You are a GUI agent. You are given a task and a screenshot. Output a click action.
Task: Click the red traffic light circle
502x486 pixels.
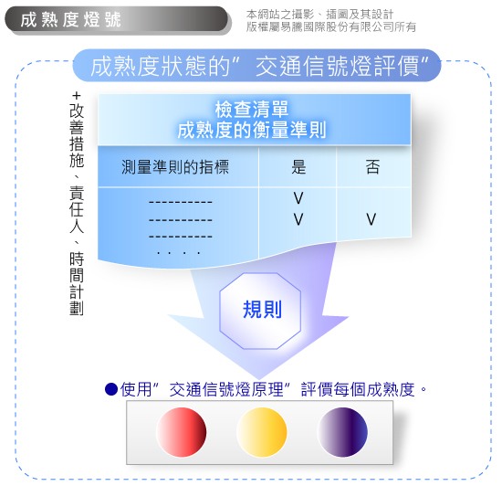click(x=182, y=432)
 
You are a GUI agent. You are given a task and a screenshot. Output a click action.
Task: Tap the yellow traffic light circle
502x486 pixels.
click(x=262, y=432)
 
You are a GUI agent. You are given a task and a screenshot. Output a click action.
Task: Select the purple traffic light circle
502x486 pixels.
click(x=342, y=432)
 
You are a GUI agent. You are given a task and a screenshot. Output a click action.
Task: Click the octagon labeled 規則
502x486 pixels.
click(x=260, y=311)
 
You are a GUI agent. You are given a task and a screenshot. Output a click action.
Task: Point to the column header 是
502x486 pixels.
click(x=298, y=167)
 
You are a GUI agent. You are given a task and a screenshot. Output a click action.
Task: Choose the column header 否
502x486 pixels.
click(x=372, y=167)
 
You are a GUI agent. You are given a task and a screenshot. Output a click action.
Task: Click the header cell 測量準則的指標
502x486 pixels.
click(x=175, y=167)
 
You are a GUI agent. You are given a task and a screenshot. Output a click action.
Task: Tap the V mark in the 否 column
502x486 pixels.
click(x=371, y=219)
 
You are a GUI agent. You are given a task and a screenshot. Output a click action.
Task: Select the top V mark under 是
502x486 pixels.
click(x=298, y=198)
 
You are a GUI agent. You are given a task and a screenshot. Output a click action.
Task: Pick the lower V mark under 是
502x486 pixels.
click(x=298, y=219)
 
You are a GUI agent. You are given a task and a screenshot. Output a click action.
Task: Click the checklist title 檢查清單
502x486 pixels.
click(x=252, y=110)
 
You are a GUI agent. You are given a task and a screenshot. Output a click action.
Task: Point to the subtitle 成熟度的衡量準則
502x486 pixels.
click(x=252, y=130)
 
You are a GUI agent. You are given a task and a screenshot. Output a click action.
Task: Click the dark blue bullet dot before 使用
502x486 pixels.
click(x=111, y=389)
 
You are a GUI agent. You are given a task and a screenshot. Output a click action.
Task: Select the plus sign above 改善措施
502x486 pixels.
click(x=76, y=96)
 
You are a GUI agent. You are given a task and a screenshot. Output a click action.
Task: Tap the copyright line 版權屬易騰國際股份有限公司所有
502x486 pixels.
click(x=331, y=27)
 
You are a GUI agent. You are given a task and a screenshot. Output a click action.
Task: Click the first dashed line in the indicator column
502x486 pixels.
click(x=181, y=202)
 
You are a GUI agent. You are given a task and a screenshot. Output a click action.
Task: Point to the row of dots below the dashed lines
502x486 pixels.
click(x=179, y=253)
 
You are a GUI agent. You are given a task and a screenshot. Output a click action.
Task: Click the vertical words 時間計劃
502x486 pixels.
click(x=77, y=284)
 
